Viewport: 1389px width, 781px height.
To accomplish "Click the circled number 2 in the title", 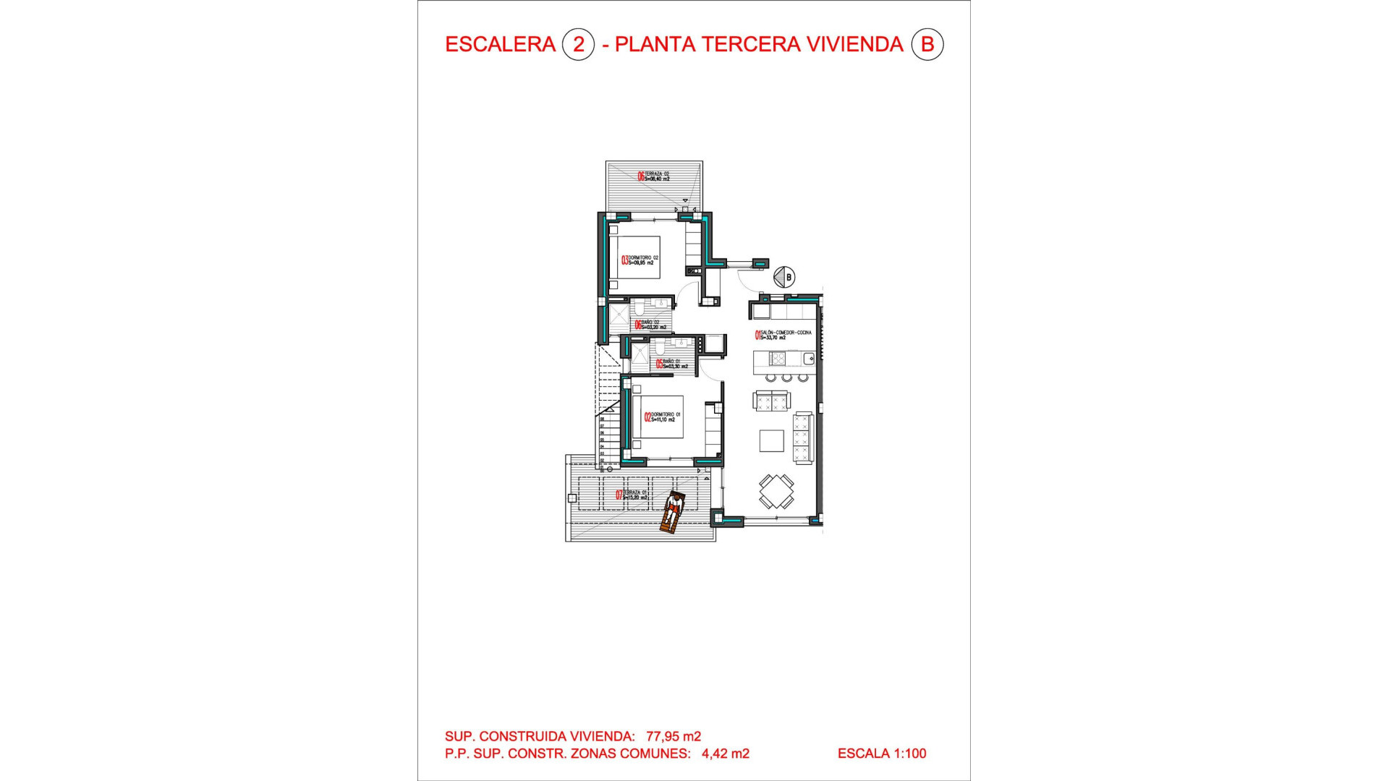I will pos(578,45).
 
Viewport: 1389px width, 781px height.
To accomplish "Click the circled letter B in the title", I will pos(927,45).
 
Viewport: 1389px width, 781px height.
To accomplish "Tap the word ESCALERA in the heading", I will pos(500,45).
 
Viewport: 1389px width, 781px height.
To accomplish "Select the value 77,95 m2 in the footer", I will pos(674,736).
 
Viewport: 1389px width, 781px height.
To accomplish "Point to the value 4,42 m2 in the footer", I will pos(725,754).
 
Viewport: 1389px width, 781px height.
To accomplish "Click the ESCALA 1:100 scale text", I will pos(881,754).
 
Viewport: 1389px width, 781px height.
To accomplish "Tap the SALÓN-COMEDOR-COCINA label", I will pos(784,335).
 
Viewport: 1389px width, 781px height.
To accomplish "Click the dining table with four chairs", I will pos(776,492).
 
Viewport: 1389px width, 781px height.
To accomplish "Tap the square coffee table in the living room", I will pos(771,440).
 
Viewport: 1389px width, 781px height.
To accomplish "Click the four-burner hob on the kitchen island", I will pos(778,359).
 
